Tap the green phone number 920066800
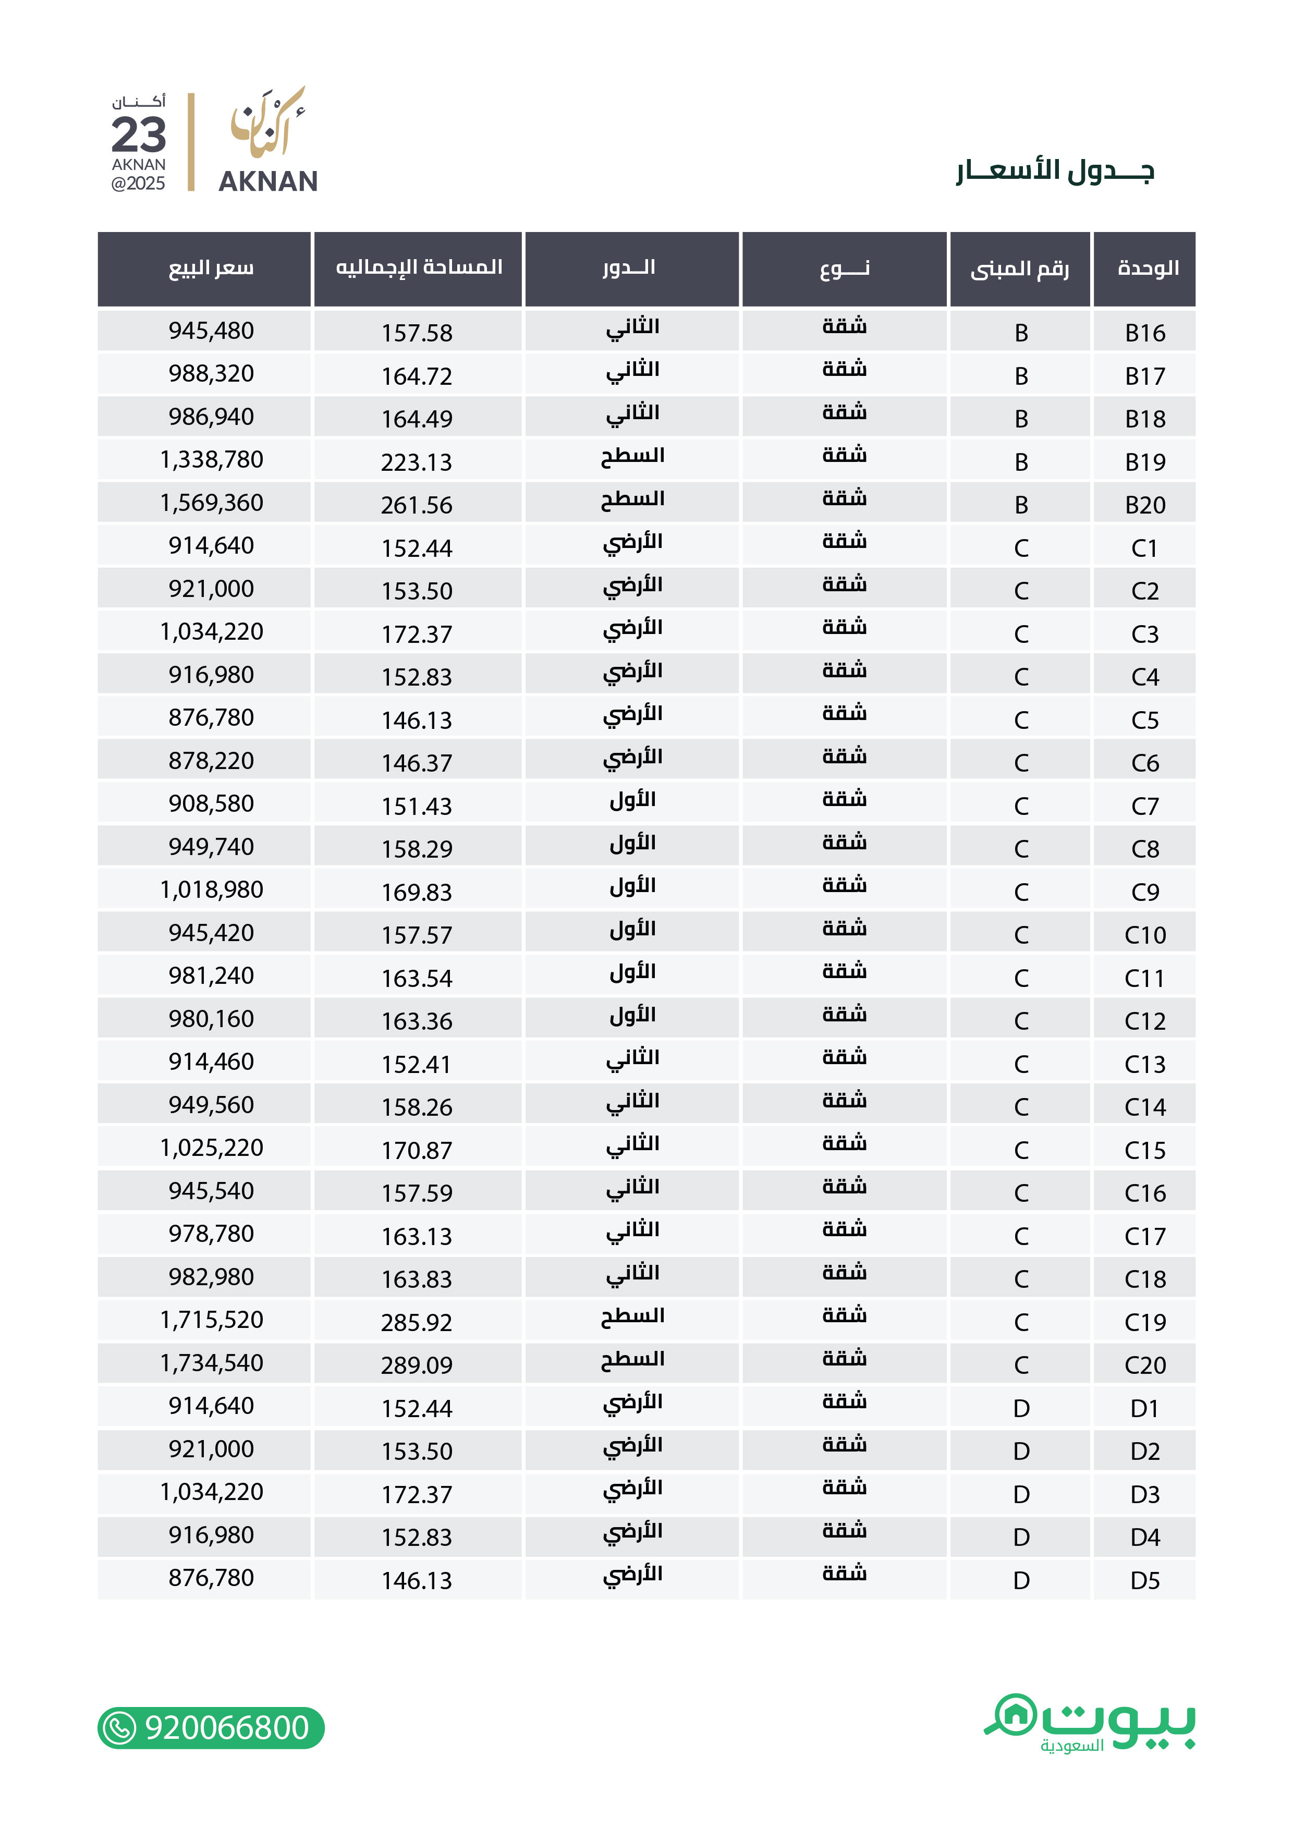pyautogui.click(x=227, y=1728)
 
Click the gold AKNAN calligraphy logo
pyautogui.click(x=267, y=124)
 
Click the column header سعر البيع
pyautogui.click(x=211, y=269)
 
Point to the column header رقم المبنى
pyautogui.click(x=1020, y=269)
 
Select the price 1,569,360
pyautogui.click(x=211, y=503)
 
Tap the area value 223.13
pyautogui.click(x=416, y=462)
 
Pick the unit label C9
pyautogui.click(x=1145, y=892)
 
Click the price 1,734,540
pyautogui.click(x=211, y=1363)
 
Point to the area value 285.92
pyautogui.click(x=416, y=1322)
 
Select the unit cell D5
pyautogui.click(x=1145, y=1580)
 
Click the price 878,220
pyautogui.click(x=211, y=761)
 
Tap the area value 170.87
pyautogui.click(x=416, y=1150)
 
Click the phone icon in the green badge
pyautogui.click(x=120, y=1728)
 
